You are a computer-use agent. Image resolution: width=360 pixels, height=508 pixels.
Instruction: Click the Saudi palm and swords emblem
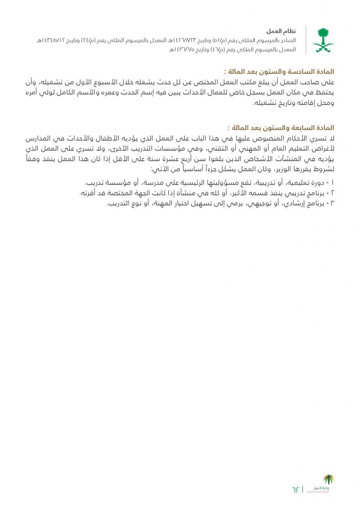tap(323, 40)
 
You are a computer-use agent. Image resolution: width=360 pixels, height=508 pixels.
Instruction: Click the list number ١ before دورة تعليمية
tap(332, 183)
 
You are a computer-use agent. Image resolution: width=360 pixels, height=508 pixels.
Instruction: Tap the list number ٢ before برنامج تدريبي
tap(332, 193)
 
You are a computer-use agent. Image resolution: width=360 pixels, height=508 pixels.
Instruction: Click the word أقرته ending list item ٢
tap(87, 193)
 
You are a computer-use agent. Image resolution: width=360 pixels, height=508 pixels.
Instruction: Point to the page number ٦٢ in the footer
tap(296, 490)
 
